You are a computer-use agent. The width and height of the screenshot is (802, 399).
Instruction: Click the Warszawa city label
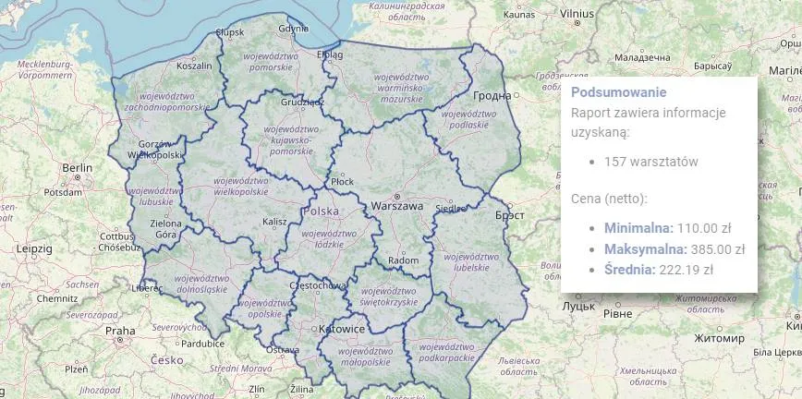396,206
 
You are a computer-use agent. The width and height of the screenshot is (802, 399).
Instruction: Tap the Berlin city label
77,167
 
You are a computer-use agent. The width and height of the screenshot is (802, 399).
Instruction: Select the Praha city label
120,330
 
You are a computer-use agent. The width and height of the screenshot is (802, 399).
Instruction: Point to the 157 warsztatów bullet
650,162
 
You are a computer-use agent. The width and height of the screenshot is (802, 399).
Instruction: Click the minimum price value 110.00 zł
704,227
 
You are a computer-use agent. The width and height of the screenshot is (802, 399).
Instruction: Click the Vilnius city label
577,14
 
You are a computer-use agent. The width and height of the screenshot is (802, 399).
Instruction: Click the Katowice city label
341,329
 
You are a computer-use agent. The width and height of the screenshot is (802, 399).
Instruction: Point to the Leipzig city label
34,248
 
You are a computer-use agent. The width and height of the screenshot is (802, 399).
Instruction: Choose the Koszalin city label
194,66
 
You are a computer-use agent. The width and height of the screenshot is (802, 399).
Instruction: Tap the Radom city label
404,260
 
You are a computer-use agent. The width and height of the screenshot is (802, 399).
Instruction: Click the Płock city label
342,182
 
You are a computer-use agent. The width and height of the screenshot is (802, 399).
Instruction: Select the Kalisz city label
274,222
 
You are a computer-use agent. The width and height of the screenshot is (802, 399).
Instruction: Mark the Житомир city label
721,339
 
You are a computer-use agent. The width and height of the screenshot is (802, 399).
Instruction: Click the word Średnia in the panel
629,270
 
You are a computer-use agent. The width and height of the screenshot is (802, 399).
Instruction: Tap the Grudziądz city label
302,103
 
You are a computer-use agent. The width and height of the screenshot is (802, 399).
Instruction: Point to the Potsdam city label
63,193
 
